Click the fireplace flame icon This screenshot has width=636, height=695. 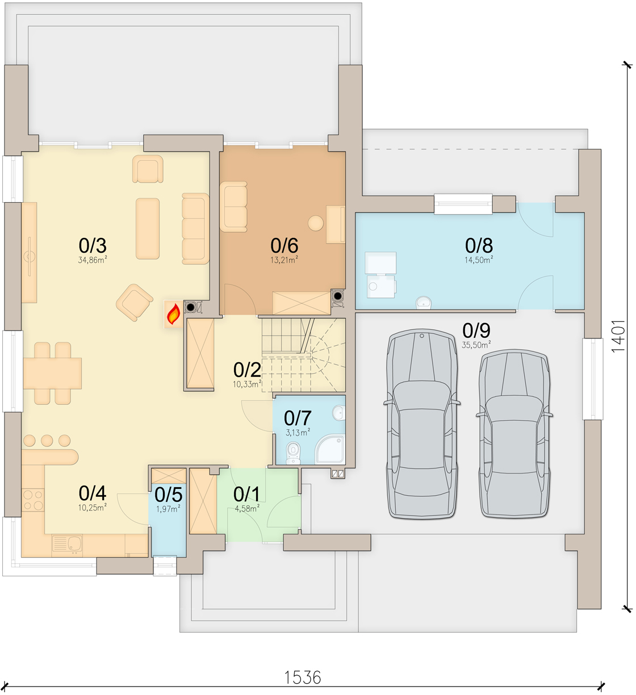[x=174, y=314]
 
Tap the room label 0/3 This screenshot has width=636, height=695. [x=93, y=246]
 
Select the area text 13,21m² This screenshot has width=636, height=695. [x=284, y=260]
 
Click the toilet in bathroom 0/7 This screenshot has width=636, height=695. [x=293, y=453]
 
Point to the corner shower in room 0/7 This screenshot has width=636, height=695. [x=330, y=449]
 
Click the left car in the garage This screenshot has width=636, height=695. [x=422, y=424]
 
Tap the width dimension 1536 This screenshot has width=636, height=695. [x=303, y=677]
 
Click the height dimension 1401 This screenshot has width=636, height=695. [x=618, y=336]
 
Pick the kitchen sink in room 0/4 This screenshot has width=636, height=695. [x=67, y=543]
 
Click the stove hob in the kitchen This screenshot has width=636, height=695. [x=33, y=500]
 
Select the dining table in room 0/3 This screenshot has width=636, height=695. [x=52, y=374]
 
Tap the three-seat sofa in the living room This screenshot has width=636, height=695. [x=195, y=229]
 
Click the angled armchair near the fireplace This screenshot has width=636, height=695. [x=135, y=303]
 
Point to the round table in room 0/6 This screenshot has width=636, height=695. [x=316, y=223]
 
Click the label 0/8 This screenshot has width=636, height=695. [x=479, y=246]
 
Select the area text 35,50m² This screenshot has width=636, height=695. [x=476, y=345]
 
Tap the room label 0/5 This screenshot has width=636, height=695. [x=169, y=495]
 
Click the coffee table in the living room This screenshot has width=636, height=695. [x=148, y=229]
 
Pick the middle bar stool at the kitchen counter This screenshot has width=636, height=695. [x=47, y=441]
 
